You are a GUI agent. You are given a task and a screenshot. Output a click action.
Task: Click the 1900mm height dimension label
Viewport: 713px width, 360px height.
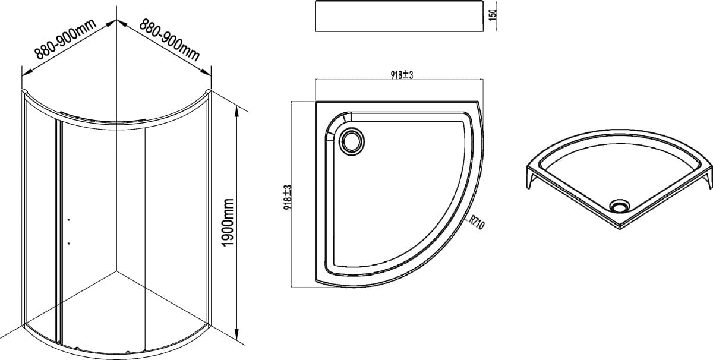(228, 222)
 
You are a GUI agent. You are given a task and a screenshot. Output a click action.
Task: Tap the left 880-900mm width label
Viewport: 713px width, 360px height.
(65, 39)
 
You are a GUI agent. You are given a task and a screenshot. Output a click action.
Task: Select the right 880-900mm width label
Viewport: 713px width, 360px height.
(169, 40)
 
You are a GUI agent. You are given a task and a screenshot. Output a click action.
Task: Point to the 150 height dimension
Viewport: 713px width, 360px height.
(493, 15)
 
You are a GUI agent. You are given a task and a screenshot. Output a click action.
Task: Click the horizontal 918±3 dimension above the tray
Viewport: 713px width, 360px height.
(402, 75)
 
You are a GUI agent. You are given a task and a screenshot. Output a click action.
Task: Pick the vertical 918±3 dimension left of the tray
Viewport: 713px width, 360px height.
(288, 197)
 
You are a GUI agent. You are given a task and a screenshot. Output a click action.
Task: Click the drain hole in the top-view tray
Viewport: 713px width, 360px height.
(352, 142)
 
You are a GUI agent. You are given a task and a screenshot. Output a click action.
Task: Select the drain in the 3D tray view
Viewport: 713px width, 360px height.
(619, 206)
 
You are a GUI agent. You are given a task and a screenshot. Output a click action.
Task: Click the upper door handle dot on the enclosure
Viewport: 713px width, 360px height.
(69, 220)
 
